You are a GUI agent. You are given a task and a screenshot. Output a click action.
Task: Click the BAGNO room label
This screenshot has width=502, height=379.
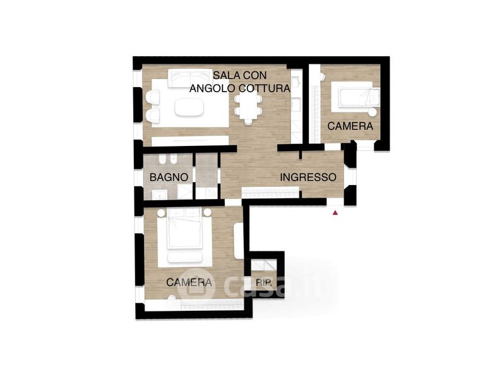(x=169, y=177)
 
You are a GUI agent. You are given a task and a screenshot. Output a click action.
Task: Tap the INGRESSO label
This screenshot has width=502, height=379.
(x=308, y=177)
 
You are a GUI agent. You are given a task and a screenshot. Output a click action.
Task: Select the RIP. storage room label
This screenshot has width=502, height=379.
(x=264, y=282)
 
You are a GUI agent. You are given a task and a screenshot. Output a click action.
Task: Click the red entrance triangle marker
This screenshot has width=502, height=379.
(x=335, y=212)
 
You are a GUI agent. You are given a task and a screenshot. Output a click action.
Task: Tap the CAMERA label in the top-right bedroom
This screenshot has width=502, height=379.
(x=350, y=126)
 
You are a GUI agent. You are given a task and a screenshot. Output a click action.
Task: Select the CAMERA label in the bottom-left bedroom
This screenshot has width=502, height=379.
(x=189, y=282)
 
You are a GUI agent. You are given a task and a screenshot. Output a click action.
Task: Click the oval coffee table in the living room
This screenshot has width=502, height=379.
(x=189, y=107)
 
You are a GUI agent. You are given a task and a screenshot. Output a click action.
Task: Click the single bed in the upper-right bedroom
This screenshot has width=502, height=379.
(x=356, y=97)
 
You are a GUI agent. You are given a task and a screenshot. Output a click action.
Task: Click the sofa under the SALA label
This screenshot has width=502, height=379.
(x=190, y=78)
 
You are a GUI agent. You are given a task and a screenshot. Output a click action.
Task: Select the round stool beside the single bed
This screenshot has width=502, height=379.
(x=372, y=112)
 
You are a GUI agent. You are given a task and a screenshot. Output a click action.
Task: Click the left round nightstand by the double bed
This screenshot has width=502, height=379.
(x=161, y=213)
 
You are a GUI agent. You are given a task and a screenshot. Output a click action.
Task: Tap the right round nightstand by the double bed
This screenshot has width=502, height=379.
(x=208, y=212)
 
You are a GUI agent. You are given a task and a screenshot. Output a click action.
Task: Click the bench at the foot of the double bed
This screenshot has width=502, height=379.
(x=185, y=257)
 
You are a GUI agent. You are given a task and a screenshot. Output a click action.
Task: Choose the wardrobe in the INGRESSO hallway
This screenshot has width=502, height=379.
(x=270, y=193)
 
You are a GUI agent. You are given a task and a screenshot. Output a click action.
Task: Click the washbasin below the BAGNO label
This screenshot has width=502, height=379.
(x=158, y=195)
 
